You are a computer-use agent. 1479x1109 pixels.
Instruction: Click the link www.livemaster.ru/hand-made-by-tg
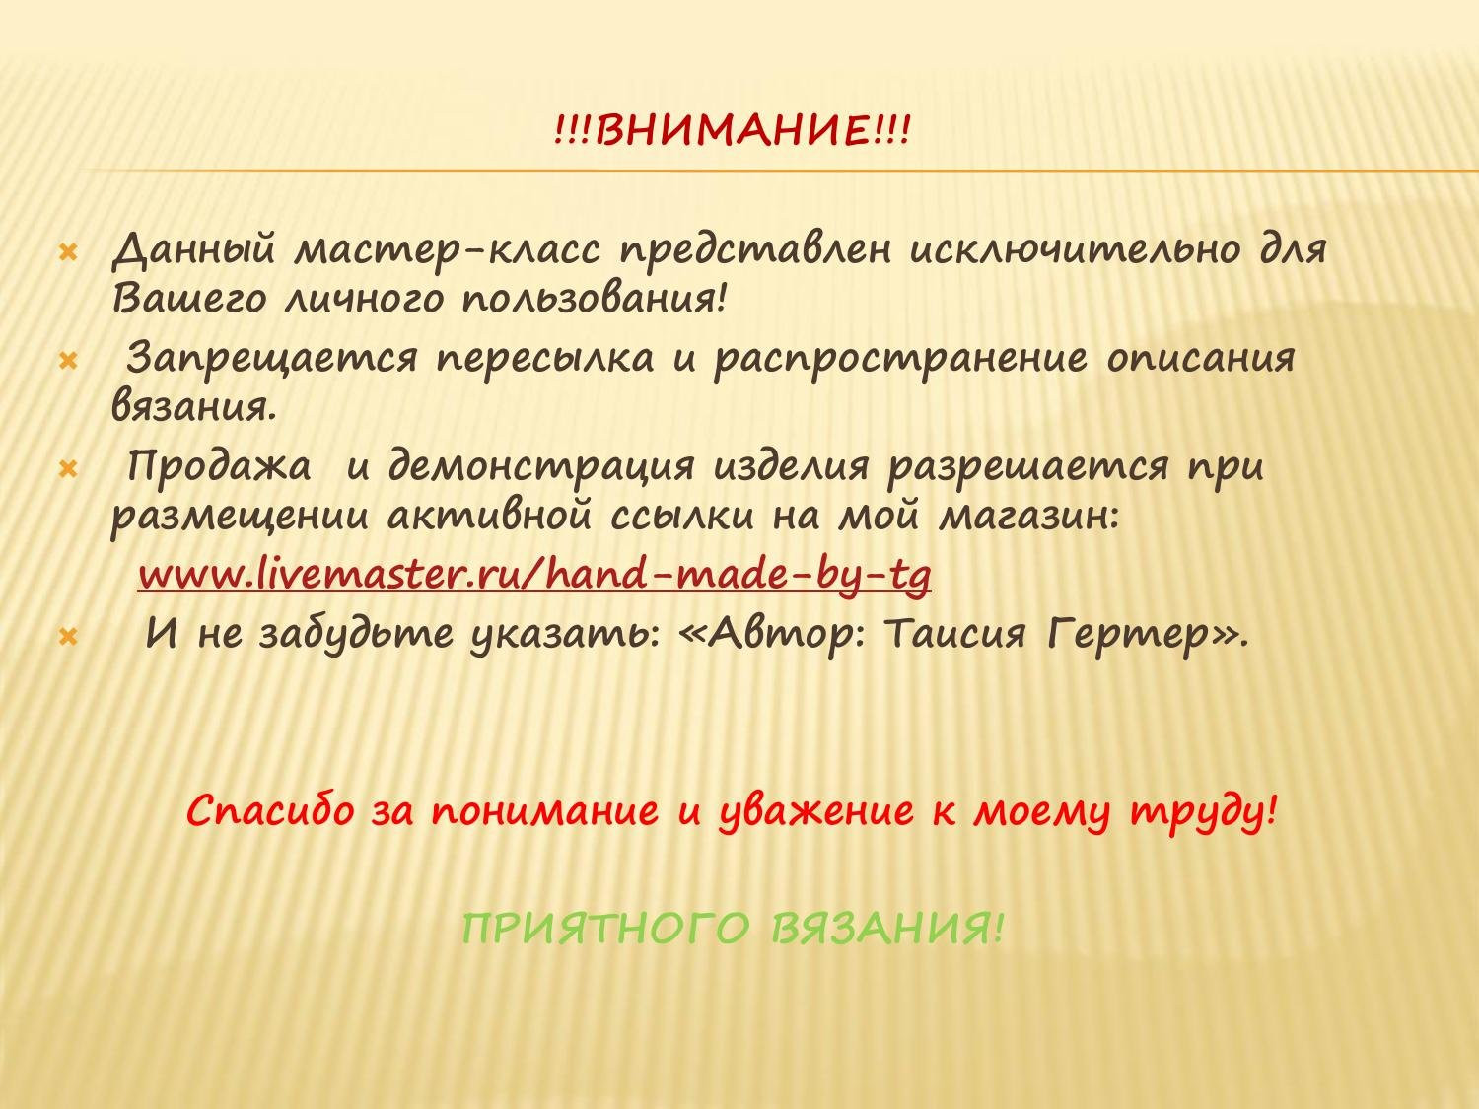533,574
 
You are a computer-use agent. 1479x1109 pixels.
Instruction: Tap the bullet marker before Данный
68,251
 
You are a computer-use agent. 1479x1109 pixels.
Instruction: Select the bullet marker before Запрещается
68,361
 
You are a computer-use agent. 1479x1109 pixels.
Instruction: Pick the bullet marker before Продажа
68,469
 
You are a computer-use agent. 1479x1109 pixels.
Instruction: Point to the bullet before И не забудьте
68,636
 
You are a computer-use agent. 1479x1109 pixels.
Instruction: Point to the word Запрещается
273,359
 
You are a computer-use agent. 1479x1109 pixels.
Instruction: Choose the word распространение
899,359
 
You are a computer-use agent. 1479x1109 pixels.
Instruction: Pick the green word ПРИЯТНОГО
606,929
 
